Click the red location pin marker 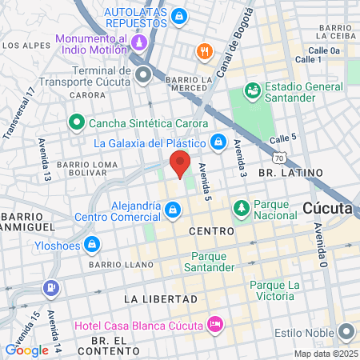(x=180, y=163)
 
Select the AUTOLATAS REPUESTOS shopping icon (x=179, y=15)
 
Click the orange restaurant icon (x=205, y=52)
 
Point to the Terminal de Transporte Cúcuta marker (x=144, y=76)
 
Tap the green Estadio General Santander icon (x=251, y=90)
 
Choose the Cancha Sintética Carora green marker (x=77, y=123)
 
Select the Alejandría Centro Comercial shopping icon (x=173, y=210)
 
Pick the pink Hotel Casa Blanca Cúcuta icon (x=214, y=324)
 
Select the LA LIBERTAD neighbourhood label (x=155, y=298)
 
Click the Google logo (x=26, y=350)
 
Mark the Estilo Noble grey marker (x=347, y=330)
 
